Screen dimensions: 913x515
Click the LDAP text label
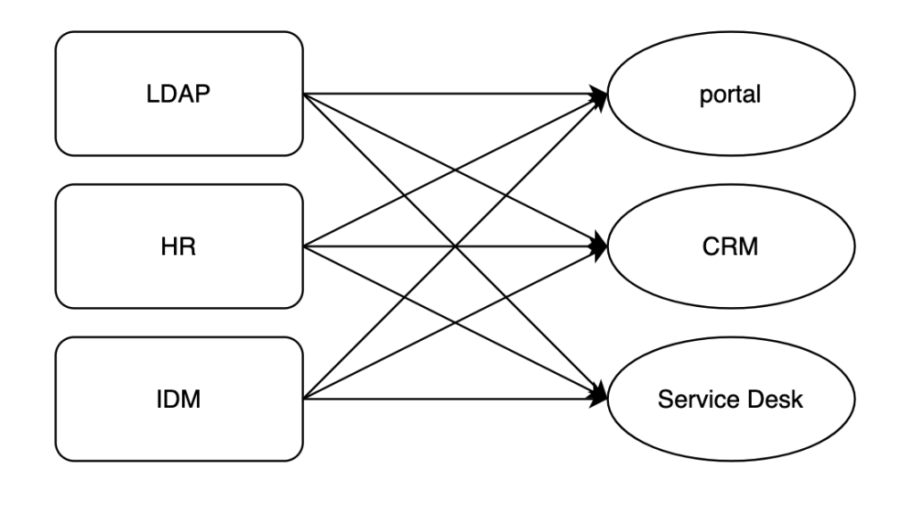click(178, 94)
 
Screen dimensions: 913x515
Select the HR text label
click(178, 246)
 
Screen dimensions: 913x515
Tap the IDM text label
click(178, 399)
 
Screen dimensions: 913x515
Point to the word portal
click(730, 95)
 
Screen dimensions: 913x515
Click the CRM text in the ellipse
click(730, 246)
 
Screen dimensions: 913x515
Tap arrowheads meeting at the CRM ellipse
click(600, 246)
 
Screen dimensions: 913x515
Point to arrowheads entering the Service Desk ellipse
click(600, 396)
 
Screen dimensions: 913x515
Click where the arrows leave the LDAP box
click(303, 94)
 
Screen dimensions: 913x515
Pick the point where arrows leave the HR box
click(303, 246)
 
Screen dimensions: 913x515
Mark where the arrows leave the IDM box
click(303, 399)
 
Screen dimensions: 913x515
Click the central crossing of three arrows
click(456, 246)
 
